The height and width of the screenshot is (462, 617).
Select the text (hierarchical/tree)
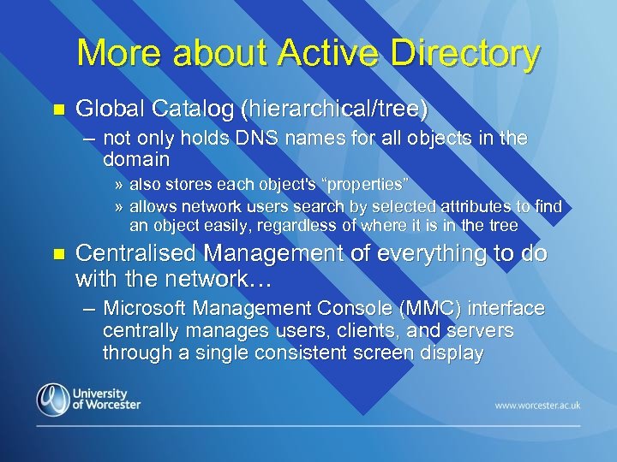coord(334,109)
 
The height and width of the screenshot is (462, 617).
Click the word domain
coord(136,159)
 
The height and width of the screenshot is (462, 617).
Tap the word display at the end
coord(454,352)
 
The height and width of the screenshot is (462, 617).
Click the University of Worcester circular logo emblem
coord(53,400)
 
